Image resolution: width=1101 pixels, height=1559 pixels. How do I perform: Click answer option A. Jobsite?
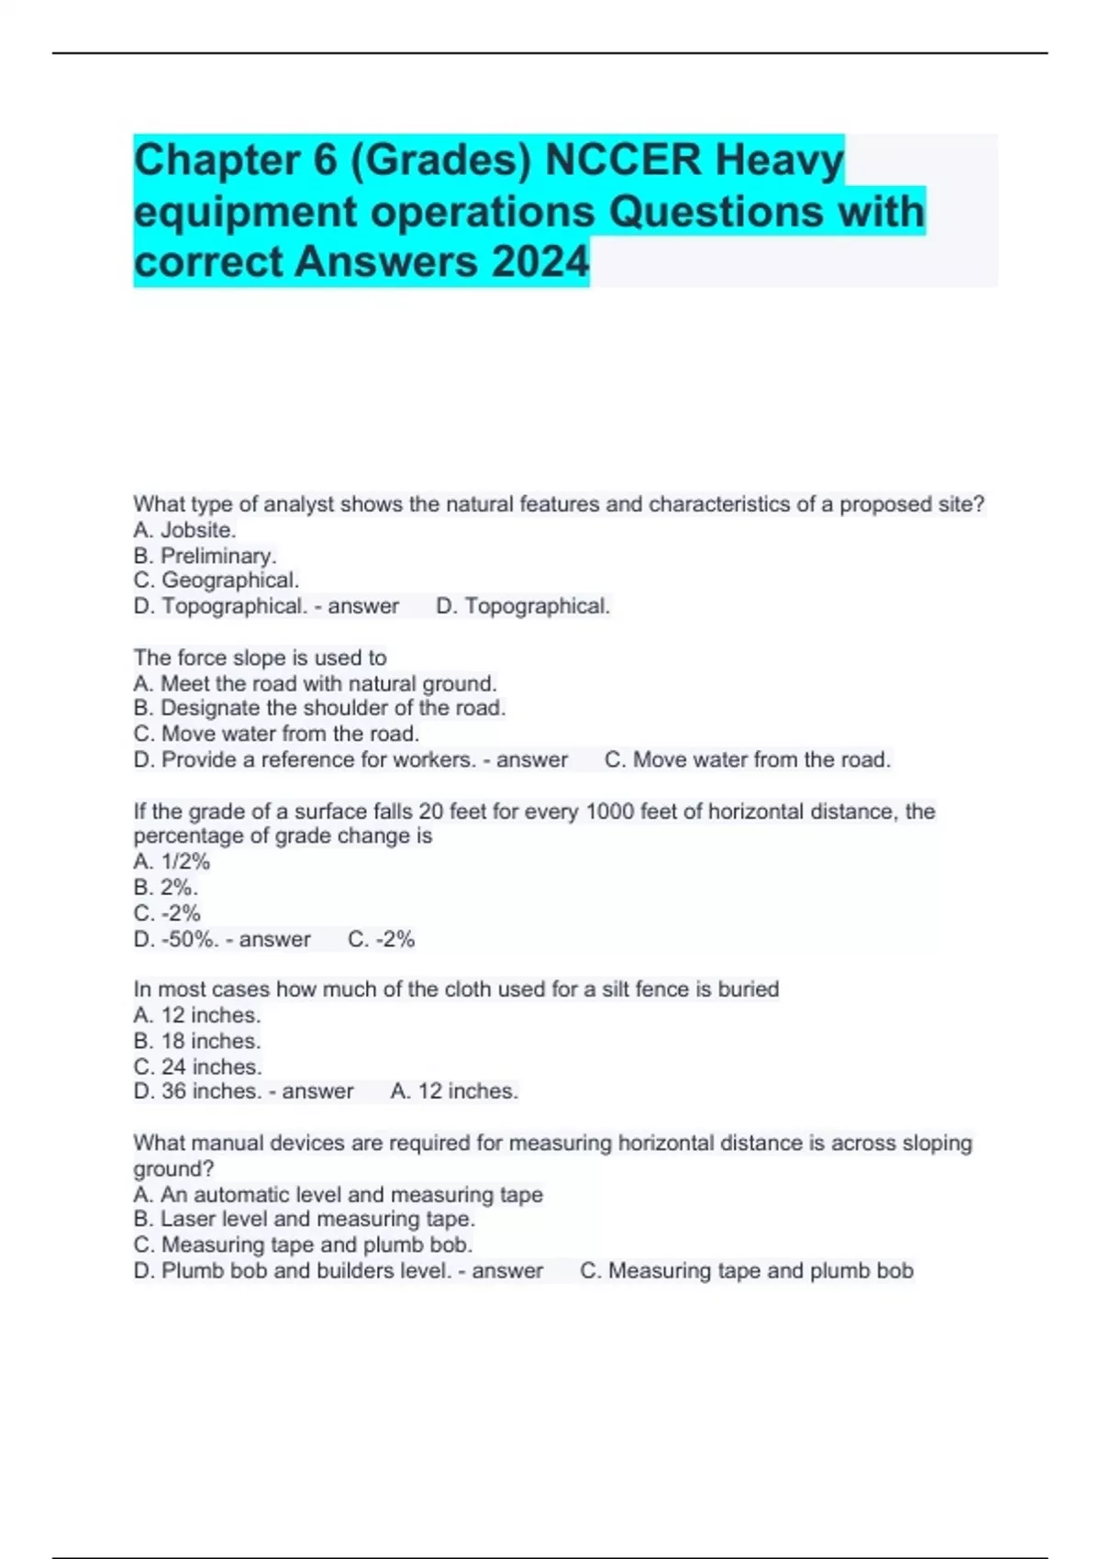tap(184, 530)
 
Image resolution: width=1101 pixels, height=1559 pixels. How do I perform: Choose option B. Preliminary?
tap(205, 556)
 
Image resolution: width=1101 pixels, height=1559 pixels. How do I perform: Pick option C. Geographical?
tap(217, 580)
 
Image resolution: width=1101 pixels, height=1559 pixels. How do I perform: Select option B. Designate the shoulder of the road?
tap(319, 708)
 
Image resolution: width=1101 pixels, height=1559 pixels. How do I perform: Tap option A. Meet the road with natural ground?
tap(315, 683)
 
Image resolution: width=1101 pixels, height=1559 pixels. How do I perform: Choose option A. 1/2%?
tap(172, 862)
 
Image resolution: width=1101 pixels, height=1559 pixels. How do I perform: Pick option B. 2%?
tap(165, 888)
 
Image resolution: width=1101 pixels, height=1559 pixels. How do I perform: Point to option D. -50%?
tap(176, 939)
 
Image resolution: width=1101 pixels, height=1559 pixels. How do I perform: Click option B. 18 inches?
tap(197, 1041)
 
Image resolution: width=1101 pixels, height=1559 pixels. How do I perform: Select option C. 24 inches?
tap(197, 1067)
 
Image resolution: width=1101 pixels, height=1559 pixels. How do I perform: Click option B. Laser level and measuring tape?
tap(304, 1219)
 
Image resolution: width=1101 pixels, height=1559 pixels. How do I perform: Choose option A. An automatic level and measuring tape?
tap(338, 1194)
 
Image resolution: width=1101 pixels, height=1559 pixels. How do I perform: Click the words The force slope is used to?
tap(260, 658)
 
